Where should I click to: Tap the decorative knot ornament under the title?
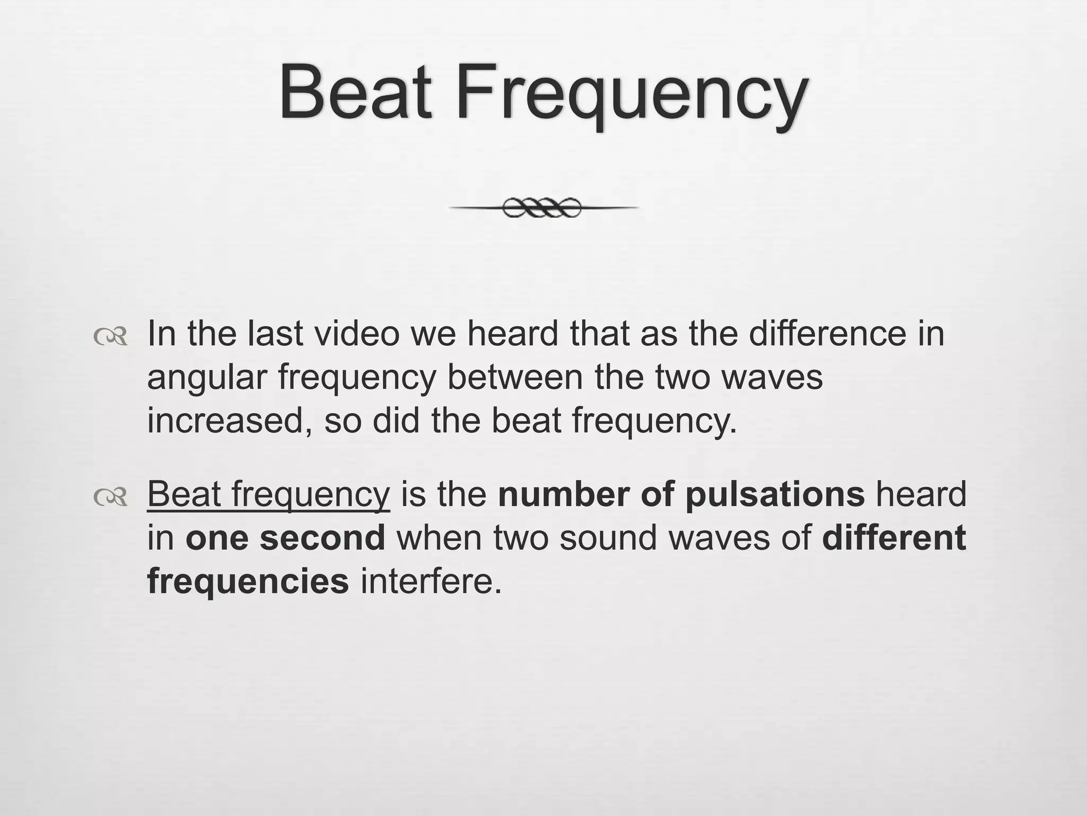tap(542, 208)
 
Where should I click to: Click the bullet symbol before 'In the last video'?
tap(110, 337)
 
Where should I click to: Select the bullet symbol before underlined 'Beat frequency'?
tap(110, 497)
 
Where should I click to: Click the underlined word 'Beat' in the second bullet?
tap(183, 494)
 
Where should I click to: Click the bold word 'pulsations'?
tap(775, 494)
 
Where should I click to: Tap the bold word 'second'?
tap(322, 538)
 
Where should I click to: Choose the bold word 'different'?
tap(894, 538)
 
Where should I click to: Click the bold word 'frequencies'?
tap(248, 581)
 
